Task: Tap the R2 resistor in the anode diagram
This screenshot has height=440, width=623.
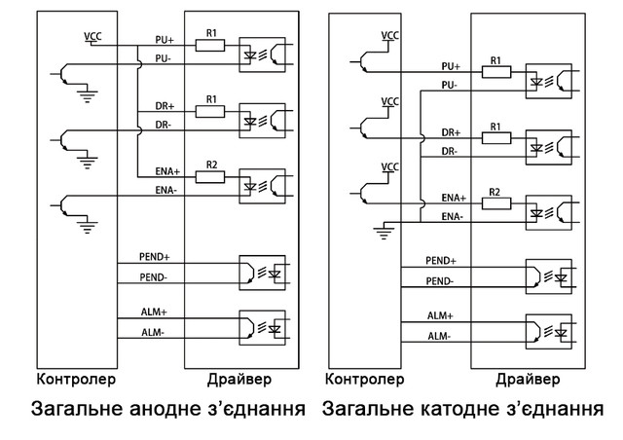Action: click(209, 177)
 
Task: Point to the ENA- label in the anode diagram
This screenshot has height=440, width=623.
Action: click(165, 190)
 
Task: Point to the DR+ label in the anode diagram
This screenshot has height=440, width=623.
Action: click(164, 104)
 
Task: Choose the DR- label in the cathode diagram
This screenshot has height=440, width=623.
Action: click(449, 150)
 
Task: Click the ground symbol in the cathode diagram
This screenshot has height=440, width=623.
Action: click(385, 231)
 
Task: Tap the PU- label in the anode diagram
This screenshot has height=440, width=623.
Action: click(164, 57)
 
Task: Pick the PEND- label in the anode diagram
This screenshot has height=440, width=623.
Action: click(155, 278)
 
